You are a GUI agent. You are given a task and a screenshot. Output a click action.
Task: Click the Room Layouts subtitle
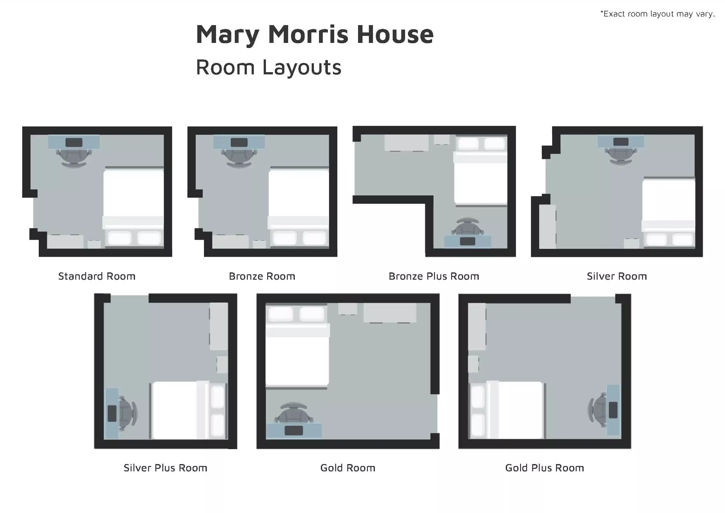click(x=269, y=67)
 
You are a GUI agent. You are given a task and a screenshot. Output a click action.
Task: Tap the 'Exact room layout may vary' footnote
click(x=657, y=14)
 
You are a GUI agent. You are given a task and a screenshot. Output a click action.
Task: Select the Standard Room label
click(x=97, y=276)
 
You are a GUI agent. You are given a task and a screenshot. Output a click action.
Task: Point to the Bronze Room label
click(x=262, y=276)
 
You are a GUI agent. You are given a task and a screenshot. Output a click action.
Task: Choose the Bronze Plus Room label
click(x=434, y=276)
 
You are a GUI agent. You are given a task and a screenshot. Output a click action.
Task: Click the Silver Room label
click(x=617, y=276)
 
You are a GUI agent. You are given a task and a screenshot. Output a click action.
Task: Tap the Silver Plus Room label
click(x=166, y=468)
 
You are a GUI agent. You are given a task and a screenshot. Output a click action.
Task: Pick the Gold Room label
click(x=348, y=468)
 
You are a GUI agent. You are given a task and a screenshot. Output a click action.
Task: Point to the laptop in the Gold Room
click(x=294, y=431)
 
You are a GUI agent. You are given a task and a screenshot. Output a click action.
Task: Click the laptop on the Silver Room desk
click(x=621, y=142)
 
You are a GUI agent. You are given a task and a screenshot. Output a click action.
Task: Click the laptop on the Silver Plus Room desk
click(x=112, y=414)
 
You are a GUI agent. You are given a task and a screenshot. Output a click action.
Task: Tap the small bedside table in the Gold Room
click(x=348, y=309)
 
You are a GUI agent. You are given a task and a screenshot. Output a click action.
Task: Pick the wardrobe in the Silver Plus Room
click(x=219, y=326)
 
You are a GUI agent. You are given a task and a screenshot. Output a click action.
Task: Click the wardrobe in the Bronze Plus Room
click(x=406, y=143)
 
